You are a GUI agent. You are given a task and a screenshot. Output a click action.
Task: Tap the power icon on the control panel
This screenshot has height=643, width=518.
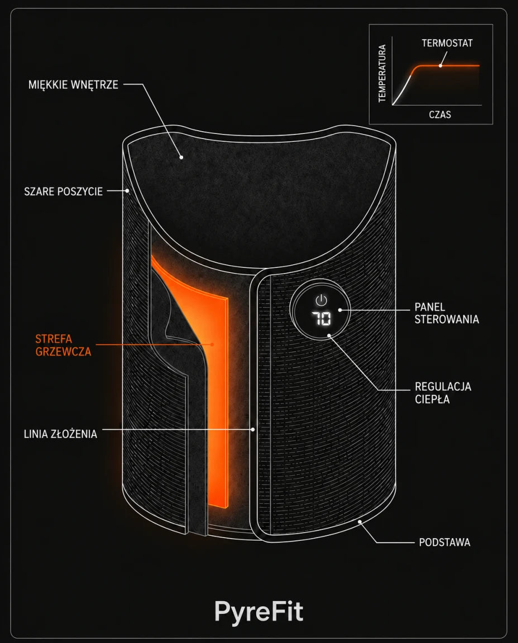coord(321,300)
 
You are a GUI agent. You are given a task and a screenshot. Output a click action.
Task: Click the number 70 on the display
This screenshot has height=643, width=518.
coord(321,318)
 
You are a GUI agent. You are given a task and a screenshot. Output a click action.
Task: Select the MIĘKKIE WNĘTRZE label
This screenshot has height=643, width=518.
coord(73,84)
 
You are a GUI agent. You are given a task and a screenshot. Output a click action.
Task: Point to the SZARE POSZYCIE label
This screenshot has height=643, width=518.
coord(63,191)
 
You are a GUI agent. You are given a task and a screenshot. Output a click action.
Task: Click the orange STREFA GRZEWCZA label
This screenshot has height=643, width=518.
coord(63,346)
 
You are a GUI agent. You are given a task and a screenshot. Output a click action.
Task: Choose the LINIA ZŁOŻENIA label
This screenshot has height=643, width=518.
coord(60,434)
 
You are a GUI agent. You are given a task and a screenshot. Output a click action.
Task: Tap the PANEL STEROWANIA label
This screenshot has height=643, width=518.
coord(447,313)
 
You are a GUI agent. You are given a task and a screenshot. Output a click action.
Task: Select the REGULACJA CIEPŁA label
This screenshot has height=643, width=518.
coord(443,393)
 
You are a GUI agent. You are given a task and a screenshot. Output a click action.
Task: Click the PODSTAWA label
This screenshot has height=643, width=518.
coord(444,542)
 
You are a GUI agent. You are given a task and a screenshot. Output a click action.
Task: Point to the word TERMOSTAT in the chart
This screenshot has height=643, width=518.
coord(447,43)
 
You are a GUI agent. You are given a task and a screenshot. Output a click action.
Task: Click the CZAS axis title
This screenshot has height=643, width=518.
coord(440,114)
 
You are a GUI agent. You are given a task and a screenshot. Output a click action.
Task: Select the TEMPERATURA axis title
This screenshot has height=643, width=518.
coord(382,73)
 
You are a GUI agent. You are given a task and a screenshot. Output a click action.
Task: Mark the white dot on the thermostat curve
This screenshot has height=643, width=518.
coord(440,65)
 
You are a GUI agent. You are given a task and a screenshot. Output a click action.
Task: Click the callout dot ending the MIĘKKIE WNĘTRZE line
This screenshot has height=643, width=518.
coord(181,157)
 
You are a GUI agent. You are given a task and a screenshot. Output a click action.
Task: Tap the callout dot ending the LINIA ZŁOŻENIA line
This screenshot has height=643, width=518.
coord(253,429)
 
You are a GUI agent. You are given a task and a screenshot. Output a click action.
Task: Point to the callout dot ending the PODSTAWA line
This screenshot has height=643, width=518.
coord(359,522)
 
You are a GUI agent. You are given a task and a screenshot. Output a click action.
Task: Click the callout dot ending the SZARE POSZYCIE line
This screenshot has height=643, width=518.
coord(128,191)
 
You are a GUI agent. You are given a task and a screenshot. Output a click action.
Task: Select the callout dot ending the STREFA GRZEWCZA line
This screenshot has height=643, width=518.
coord(212,344)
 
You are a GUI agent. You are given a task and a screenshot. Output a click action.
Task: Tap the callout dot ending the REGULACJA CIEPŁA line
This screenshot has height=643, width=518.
coord(329,335)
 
